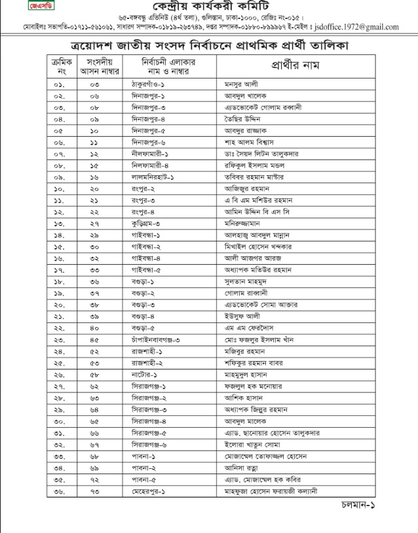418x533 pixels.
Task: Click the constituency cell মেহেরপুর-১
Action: click(146, 489)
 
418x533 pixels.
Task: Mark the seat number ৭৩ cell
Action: click(94, 489)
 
